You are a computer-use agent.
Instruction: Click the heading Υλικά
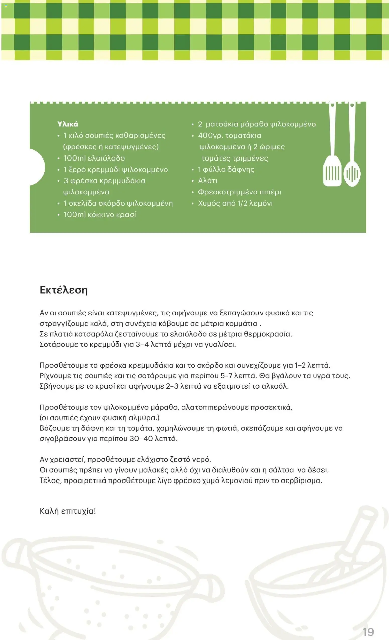pos(68,124)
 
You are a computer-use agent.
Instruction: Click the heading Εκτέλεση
pos(64,290)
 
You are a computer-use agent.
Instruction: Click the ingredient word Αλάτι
pos(207,181)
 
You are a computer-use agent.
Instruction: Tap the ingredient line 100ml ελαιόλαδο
pos(94,158)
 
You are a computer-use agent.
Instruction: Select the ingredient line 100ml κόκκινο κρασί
pos(100,215)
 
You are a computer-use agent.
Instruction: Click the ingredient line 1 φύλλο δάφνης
pos(226,169)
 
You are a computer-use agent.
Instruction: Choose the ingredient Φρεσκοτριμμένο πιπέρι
pos(239,192)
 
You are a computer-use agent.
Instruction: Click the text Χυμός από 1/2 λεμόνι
pos(235,203)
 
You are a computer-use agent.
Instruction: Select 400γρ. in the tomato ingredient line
pos(210,136)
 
